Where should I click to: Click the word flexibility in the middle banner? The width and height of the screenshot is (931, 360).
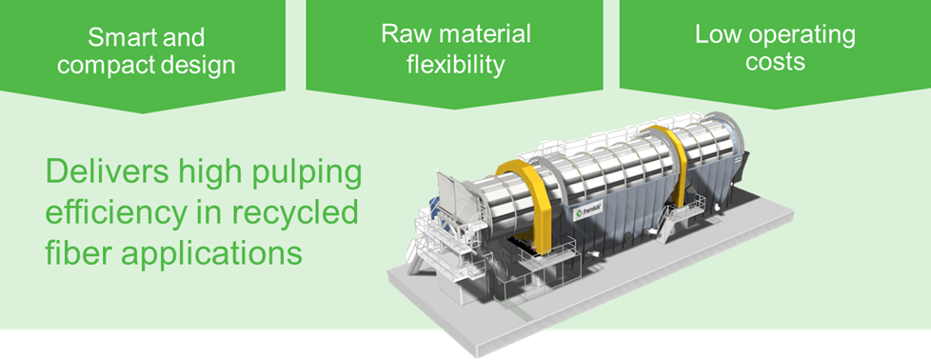coord(455,64)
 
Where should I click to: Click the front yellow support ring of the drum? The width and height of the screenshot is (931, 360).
coord(539,205)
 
